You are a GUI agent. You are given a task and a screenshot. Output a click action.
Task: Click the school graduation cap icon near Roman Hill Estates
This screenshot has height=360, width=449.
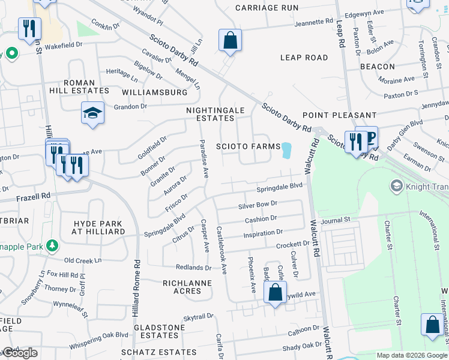coord(93,113)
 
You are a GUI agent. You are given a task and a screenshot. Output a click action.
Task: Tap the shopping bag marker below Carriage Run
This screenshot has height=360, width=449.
coord(230,41)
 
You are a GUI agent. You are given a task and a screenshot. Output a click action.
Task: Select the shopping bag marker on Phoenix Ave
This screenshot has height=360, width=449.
coord(275,293)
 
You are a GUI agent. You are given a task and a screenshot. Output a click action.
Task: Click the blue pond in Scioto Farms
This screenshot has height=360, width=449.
coord(286,151)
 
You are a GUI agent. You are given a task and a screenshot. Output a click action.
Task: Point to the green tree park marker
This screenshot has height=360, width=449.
coord(52,245)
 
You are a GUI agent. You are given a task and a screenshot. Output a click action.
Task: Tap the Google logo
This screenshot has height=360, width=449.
coord(19,353)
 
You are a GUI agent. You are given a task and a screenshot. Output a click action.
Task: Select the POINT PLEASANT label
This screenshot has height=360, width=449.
coord(339,115)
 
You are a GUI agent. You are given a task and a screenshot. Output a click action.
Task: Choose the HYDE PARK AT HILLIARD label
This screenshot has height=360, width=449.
coord(99,227)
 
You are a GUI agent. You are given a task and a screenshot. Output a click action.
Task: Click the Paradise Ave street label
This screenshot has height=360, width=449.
coord(203,160)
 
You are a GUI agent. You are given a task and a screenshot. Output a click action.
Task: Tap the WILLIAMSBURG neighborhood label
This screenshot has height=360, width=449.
coord(155,93)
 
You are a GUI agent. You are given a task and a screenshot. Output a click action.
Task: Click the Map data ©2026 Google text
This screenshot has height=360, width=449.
coord(411,355)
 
